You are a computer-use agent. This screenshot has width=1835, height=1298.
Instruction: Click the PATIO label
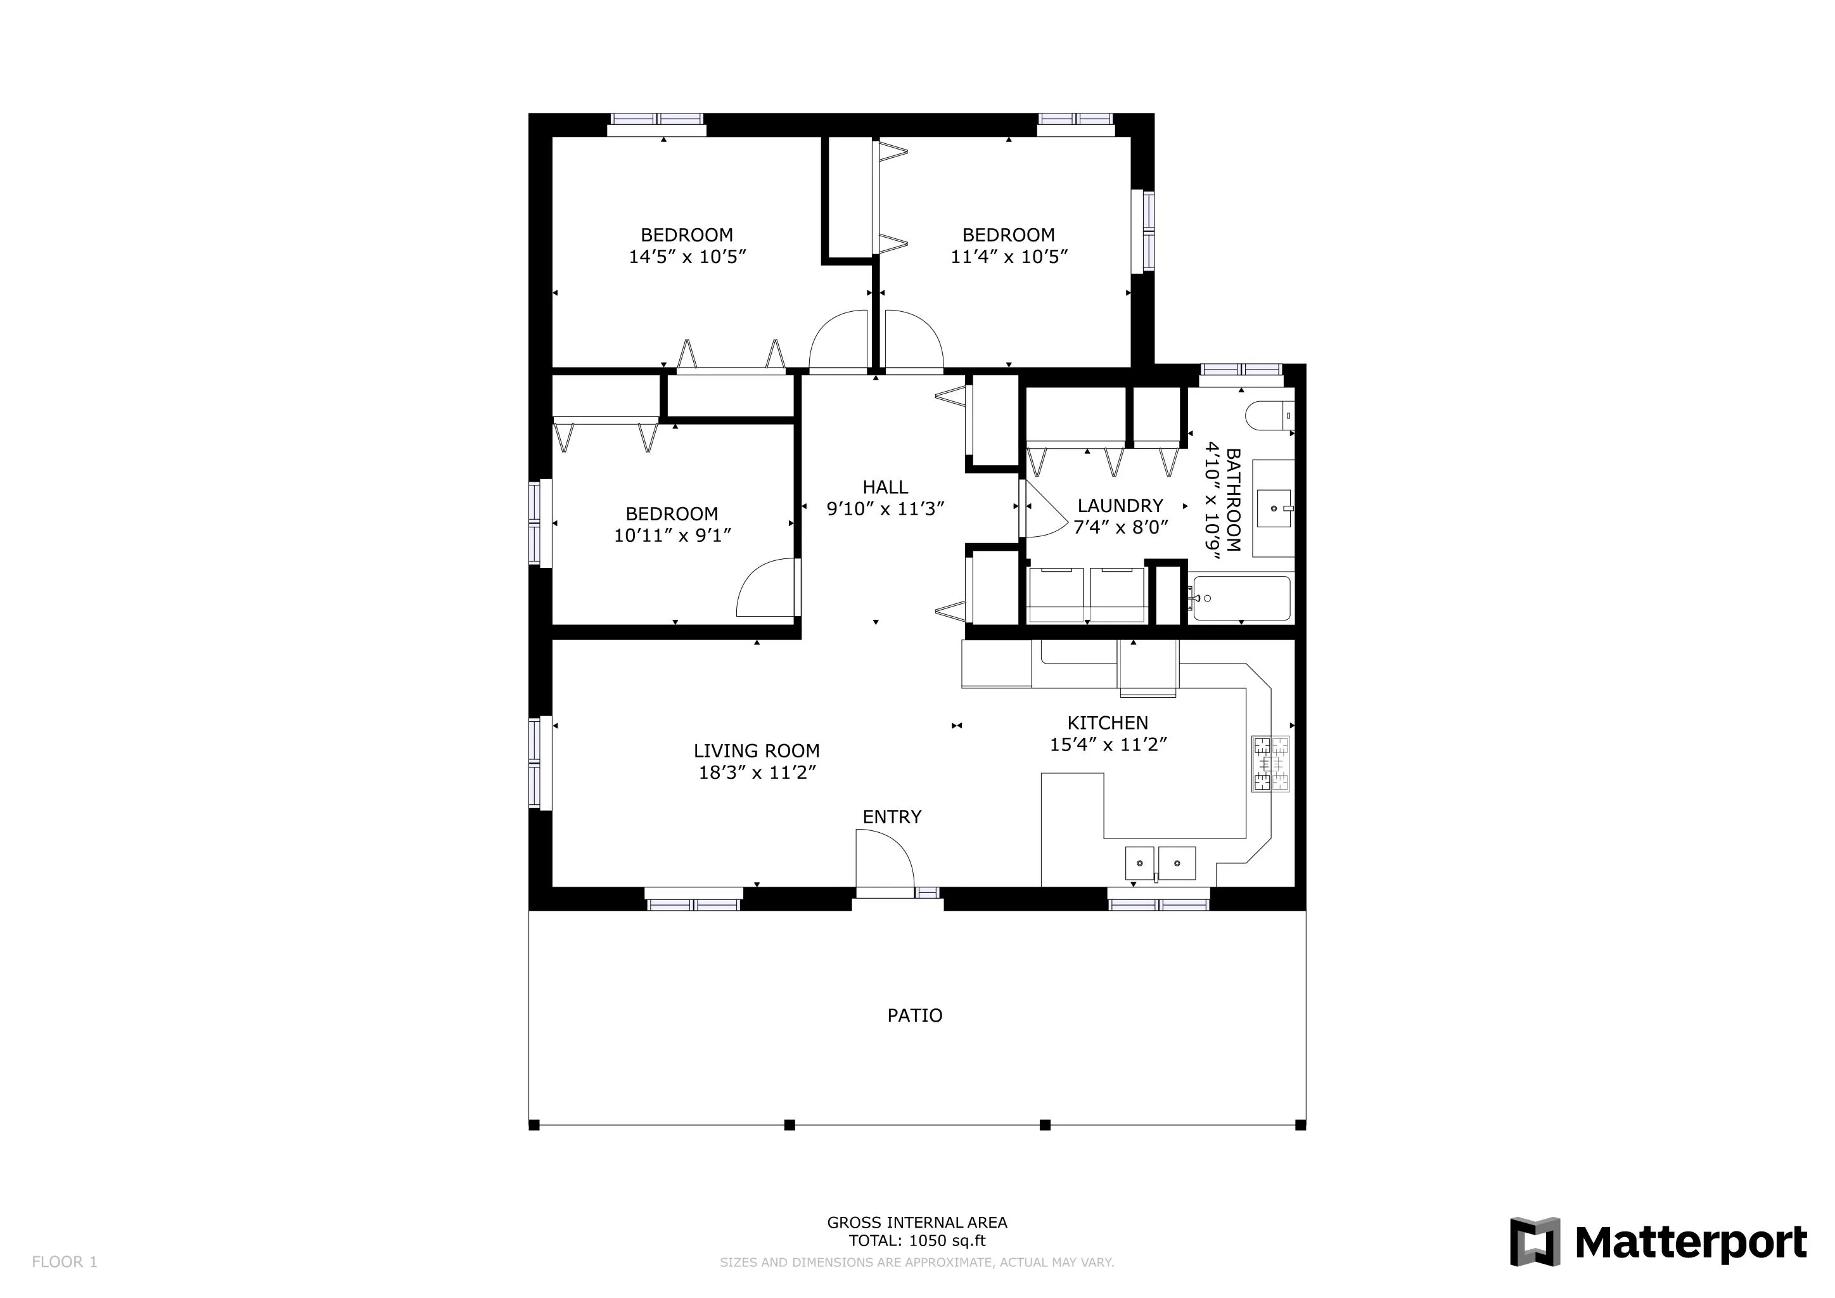(914, 1015)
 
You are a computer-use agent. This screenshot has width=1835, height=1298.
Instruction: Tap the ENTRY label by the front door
(892, 817)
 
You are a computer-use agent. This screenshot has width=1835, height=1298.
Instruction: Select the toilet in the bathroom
(1269, 416)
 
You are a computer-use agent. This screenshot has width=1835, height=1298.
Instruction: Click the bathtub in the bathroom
(1241, 599)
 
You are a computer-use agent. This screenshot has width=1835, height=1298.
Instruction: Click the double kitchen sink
(1160, 863)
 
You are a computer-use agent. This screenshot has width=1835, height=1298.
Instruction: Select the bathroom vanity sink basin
(1274, 508)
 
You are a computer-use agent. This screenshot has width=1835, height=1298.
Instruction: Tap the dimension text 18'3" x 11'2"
(757, 773)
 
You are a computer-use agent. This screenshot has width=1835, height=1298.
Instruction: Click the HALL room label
(885, 487)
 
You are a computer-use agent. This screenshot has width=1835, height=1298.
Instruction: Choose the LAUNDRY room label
(1120, 506)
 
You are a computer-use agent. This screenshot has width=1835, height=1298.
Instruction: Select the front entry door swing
(883, 860)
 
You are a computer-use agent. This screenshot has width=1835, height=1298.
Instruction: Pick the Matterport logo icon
(1535, 1241)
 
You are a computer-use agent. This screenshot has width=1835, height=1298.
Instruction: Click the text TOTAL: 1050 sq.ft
(917, 1240)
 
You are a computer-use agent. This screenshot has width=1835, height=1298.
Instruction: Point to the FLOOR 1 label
(65, 1261)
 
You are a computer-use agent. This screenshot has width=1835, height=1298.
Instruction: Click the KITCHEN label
(1108, 723)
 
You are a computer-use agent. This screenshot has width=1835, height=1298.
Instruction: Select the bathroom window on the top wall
(1241, 369)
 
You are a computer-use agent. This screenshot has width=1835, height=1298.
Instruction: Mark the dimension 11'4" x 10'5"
(1009, 257)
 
